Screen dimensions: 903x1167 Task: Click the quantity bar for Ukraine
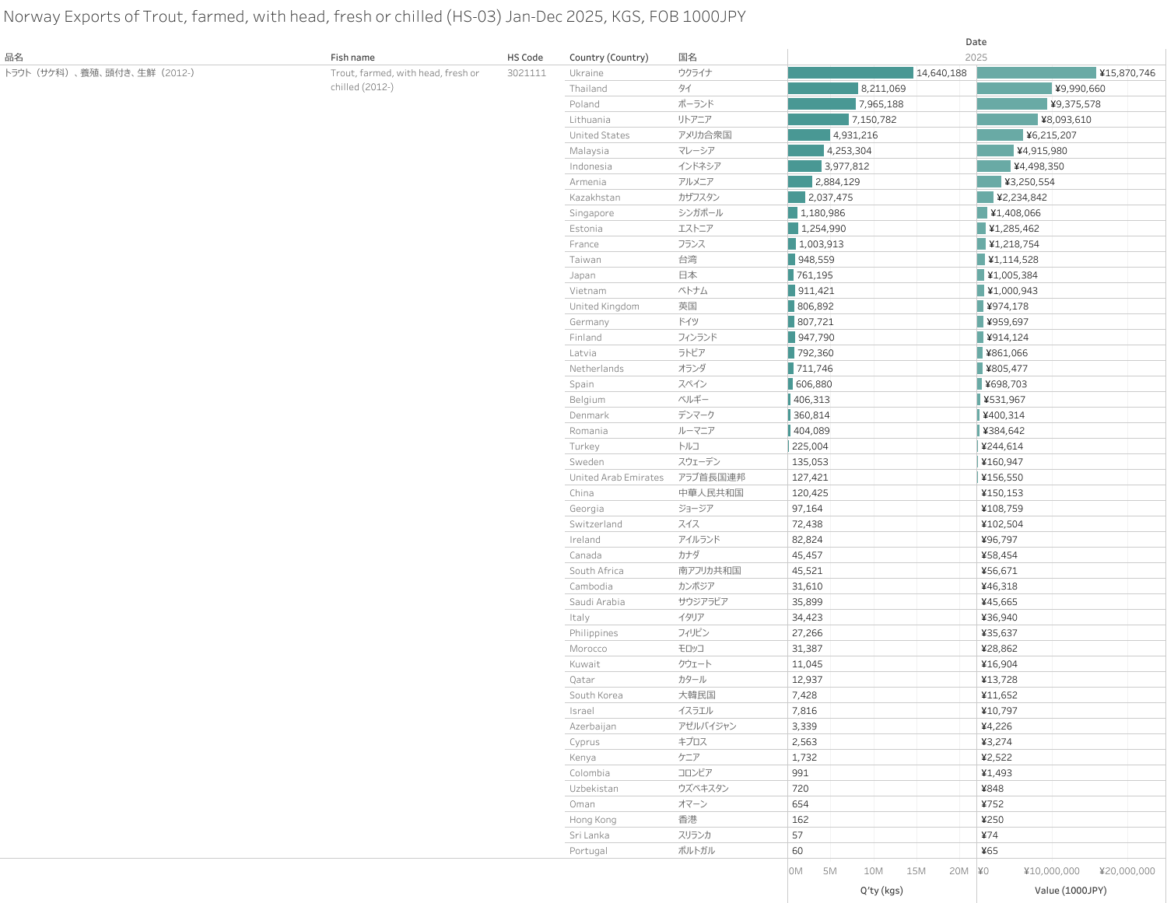850,73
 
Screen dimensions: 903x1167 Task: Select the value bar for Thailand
1015,89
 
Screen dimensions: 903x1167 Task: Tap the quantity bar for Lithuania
818,120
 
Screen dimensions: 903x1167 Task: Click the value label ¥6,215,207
1051,135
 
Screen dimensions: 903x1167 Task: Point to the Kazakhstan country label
595,198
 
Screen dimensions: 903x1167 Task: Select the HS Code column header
525,58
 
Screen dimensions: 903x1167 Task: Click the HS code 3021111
527,73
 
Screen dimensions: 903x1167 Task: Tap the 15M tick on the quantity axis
916,871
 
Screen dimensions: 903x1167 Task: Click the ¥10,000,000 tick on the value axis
1052,871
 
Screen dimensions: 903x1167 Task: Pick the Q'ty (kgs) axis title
881,891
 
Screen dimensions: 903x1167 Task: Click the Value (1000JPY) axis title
1071,891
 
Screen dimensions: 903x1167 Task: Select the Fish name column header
352,58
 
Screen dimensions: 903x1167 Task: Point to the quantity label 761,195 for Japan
815,275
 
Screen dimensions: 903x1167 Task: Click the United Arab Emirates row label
616,478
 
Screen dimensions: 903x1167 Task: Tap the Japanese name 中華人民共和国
711,493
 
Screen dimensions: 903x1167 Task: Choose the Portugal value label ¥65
990,851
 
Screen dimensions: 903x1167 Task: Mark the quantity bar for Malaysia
806,151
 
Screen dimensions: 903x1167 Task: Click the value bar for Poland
1012,104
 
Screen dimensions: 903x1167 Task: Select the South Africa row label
597,571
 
